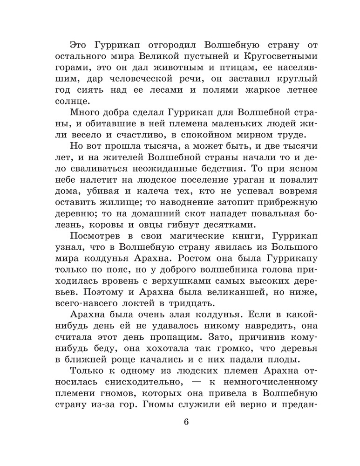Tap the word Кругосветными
263,57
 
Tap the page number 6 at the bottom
186,423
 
